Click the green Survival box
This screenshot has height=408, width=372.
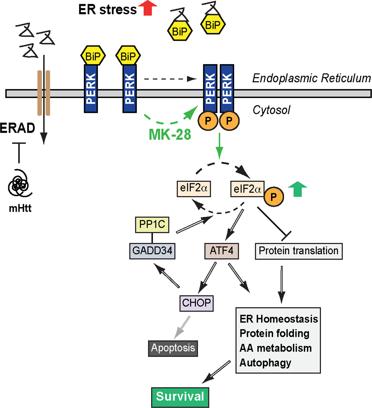point(180,397)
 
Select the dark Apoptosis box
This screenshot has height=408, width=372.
point(173,348)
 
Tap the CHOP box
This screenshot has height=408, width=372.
point(196,303)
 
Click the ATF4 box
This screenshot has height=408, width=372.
point(222,251)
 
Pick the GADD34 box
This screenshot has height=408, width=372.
point(152,251)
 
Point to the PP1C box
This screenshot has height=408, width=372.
point(152,225)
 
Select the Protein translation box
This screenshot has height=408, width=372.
point(298,251)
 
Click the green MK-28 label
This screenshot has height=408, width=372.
point(170,134)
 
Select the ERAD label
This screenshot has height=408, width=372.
point(17,128)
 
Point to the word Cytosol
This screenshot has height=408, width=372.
point(271,110)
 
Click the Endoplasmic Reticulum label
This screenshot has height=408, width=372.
point(311,78)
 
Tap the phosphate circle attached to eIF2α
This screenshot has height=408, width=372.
point(274,197)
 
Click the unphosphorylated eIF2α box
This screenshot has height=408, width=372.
point(194,189)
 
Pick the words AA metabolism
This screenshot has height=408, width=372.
point(275,348)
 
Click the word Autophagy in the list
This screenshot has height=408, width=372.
point(265,363)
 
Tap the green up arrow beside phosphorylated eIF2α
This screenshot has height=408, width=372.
point(297,190)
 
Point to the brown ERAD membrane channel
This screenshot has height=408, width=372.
point(43,93)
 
